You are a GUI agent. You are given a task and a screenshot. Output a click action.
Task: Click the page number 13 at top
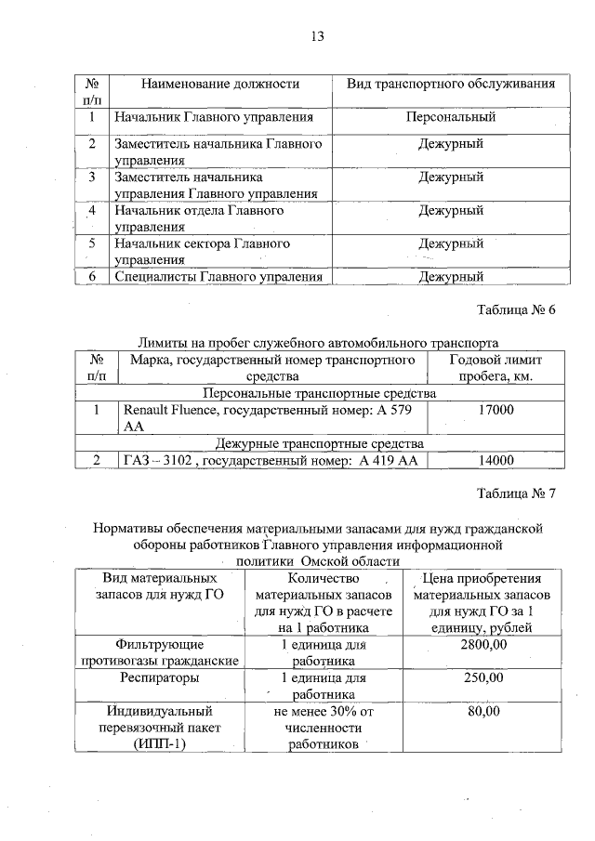pos(316,36)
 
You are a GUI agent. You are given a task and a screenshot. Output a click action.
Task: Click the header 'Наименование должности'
pos(219,84)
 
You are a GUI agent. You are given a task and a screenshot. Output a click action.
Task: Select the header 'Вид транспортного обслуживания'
pos(451,84)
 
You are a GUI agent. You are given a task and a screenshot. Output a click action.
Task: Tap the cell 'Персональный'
pos(451,117)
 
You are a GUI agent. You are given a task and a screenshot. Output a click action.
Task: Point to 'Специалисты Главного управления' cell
pos(218,276)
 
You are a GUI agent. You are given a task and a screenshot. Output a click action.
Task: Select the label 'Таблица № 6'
pos(516,309)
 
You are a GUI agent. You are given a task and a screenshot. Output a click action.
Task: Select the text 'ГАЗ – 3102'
pos(157,460)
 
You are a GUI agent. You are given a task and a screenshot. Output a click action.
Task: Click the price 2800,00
pos(483,644)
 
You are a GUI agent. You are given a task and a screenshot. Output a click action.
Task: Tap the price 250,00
pos(483,677)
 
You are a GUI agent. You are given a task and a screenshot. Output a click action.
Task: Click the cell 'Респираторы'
pos(158,677)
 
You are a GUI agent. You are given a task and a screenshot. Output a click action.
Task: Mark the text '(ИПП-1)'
pos(158,744)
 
